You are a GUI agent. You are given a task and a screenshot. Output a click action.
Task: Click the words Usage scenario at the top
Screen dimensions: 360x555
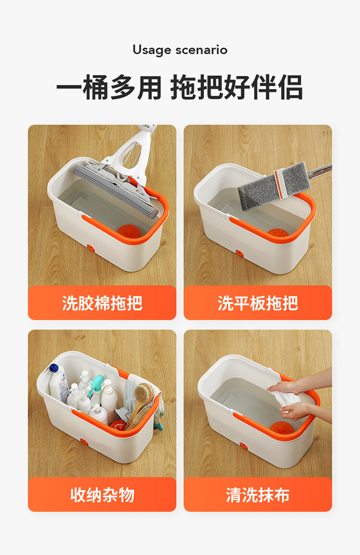click(180, 50)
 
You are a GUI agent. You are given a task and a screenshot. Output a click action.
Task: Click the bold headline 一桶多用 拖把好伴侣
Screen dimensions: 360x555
click(180, 87)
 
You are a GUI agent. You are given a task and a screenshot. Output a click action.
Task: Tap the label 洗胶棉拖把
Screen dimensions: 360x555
click(102, 303)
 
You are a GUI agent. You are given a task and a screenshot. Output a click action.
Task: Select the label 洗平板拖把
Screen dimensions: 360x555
click(258, 303)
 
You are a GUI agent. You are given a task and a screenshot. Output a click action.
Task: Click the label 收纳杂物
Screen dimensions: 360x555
click(102, 495)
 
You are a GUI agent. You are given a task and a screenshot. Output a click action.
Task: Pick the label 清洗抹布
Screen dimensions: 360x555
click(258, 495)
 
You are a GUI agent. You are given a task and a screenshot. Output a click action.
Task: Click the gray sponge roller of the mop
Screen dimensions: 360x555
click(115, 191)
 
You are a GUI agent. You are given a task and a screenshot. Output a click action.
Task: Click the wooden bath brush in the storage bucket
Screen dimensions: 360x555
click(140, 403)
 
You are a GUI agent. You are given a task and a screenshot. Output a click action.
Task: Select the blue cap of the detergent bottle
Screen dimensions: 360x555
click(54, 368)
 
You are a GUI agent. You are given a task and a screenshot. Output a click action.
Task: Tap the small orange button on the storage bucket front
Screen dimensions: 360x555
click(84, 442)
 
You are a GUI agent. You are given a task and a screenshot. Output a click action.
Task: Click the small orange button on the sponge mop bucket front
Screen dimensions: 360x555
click(91, 249)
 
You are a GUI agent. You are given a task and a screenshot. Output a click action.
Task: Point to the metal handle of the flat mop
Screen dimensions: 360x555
click(319, 171)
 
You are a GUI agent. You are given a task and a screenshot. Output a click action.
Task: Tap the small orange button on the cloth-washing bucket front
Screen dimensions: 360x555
click(244, 446)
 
